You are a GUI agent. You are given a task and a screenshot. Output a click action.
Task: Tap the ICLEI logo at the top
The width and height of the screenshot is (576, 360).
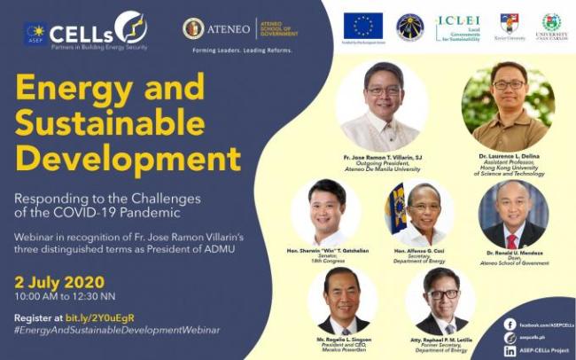point(457,27)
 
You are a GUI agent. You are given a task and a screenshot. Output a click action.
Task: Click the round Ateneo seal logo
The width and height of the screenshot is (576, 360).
point(193,28)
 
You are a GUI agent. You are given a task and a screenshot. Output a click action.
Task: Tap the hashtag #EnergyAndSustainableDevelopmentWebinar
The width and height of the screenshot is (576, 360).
point(116,330)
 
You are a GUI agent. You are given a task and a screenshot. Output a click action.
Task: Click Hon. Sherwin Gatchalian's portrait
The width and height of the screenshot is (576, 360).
point(326,213)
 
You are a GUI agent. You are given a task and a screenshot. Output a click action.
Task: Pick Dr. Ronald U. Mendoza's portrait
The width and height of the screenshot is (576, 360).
point(513,215)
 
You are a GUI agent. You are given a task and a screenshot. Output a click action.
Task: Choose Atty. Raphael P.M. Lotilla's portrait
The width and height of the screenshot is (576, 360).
point(440,301)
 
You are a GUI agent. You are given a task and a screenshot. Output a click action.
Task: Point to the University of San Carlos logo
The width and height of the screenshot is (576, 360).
point(551,26)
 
